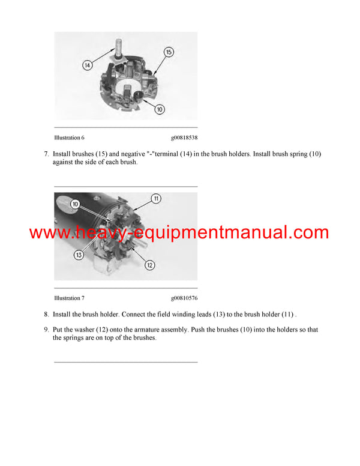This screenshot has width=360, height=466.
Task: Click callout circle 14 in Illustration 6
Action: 88,65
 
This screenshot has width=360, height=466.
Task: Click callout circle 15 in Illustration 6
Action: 169,53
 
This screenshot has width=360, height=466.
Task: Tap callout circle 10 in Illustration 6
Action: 160,110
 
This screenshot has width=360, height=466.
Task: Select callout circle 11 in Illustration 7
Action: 156,199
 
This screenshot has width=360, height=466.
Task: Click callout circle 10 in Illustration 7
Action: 76,205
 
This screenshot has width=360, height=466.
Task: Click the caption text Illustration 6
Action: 69,138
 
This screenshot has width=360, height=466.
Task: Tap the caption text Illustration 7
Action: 69,298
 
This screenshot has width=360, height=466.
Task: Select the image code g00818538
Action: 184,138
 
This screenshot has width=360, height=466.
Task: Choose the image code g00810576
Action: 184,298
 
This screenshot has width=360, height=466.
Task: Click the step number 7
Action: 46,154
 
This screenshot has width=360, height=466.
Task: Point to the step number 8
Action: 46,314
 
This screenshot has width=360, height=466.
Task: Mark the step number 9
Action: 46,330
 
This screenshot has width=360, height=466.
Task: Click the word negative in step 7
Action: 131,154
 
